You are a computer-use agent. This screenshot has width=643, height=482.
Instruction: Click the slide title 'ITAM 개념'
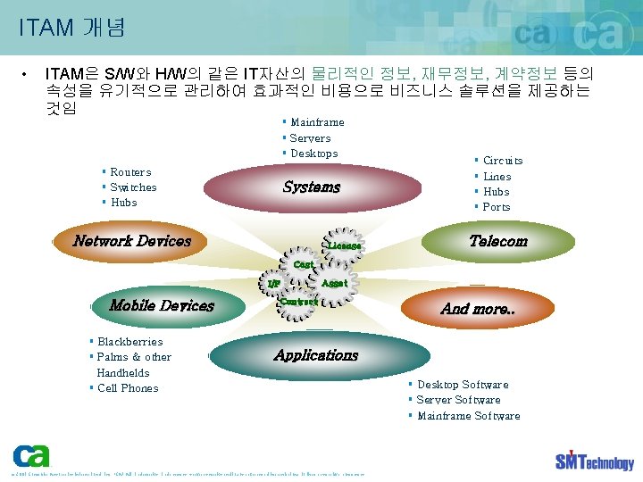coord(71,28)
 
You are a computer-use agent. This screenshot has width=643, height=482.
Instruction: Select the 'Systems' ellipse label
coord(312,187)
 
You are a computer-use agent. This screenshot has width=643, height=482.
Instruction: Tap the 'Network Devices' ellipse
coord(132,241)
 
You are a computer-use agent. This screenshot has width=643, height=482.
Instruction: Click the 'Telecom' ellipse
coord(498,241)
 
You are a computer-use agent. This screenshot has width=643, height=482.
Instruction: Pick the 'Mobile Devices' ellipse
coord(162,305)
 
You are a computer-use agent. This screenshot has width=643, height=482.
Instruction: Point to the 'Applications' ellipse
coord(316,355)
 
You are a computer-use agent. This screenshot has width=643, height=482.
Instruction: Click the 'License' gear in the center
coord(344,245)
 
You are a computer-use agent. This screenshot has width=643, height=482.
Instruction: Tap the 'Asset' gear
coord(334,283)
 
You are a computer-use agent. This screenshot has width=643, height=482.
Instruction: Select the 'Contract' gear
coord(299,302)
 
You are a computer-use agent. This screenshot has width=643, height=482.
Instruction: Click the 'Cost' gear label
coord(304,265)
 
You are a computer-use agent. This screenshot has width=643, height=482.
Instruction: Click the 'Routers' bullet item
coord(130,172)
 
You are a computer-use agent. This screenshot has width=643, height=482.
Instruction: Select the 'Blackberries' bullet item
coord(129,342)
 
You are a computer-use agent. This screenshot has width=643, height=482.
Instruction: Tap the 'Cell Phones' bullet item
coord(127,388)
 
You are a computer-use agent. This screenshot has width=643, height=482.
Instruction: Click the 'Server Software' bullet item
coord(458,400)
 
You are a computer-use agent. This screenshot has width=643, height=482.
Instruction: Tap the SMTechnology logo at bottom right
coord(594,460)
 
